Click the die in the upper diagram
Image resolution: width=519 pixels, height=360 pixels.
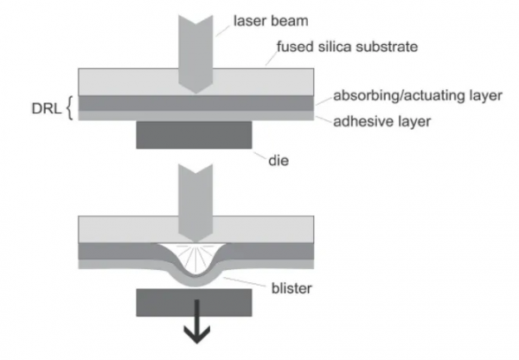pos(193,135)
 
